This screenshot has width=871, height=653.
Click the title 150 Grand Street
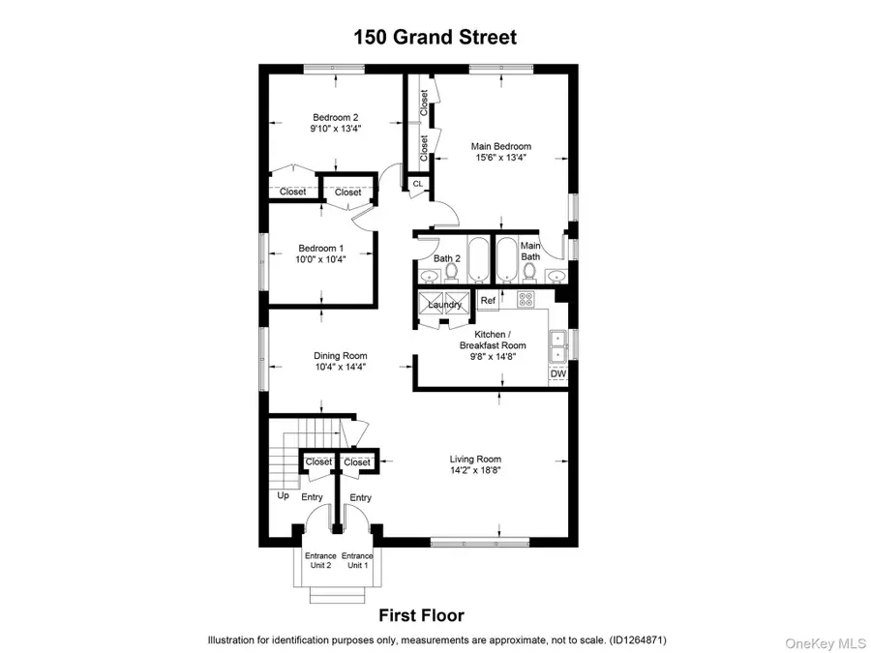435,38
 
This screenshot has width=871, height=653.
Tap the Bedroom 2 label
335,117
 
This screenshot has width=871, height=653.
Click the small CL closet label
418,183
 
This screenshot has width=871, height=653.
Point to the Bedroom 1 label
321,248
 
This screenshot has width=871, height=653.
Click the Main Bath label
529,252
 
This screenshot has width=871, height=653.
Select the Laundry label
445,305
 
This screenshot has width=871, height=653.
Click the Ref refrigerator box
488,301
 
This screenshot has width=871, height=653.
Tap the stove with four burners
527,299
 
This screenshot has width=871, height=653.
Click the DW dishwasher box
557,374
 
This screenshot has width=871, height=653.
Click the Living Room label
475,459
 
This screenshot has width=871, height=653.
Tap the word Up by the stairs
284,495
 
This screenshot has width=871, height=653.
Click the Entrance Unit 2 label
320,560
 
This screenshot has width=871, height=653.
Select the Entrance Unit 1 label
357,560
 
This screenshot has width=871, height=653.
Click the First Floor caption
420,615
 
